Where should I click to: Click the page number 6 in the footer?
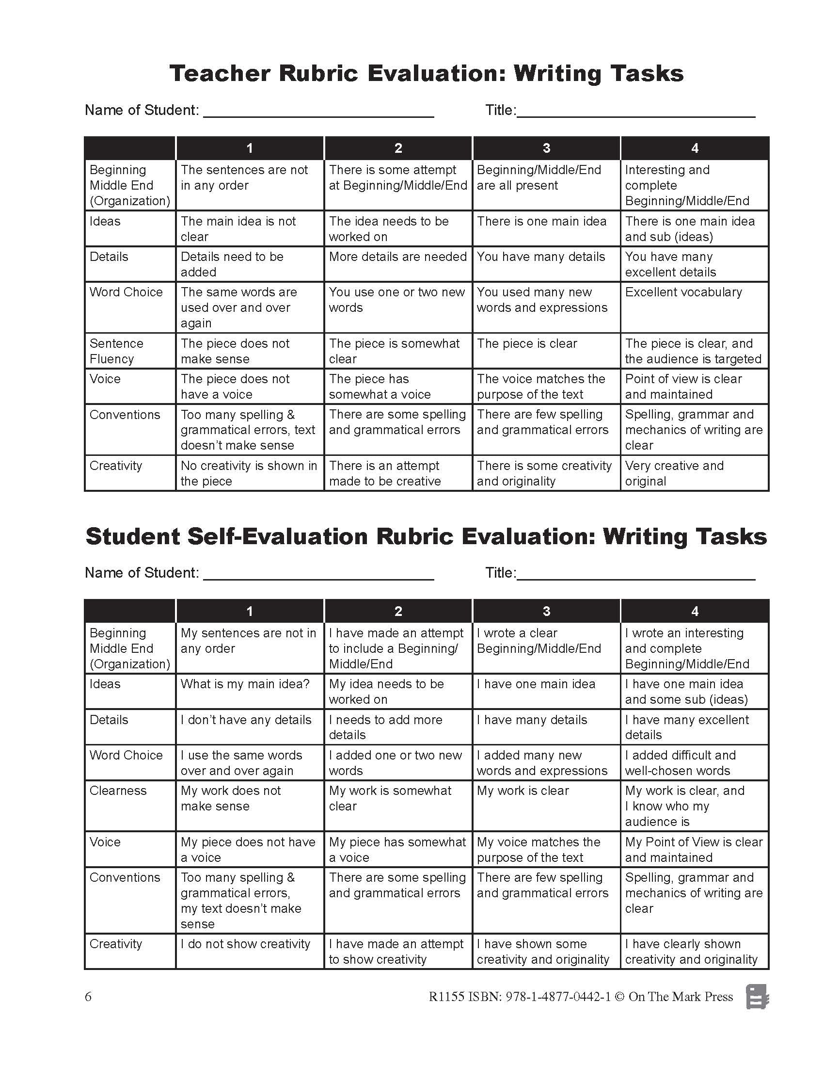(88, 997)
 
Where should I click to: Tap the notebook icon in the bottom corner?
(757, 997)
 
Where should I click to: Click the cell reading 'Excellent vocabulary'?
(683, 292)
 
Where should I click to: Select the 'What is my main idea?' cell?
(245, 684)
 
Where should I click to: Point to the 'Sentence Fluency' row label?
(116, 351)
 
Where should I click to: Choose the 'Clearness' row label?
(118, 791)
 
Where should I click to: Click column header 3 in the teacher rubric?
(546, 148)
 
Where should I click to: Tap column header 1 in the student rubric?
(250, 611)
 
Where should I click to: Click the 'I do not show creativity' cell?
(245, 944)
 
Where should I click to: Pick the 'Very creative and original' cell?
(674, 473)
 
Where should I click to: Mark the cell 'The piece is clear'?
(527, 343)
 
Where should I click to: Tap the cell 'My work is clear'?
(523, 791)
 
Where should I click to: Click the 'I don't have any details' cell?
(246, 720)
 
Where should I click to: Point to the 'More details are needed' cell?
(398, 257)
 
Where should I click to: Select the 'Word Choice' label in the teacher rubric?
(126, 292)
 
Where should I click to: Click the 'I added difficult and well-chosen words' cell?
(681, 762)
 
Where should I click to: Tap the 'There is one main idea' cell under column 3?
(541, 221)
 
